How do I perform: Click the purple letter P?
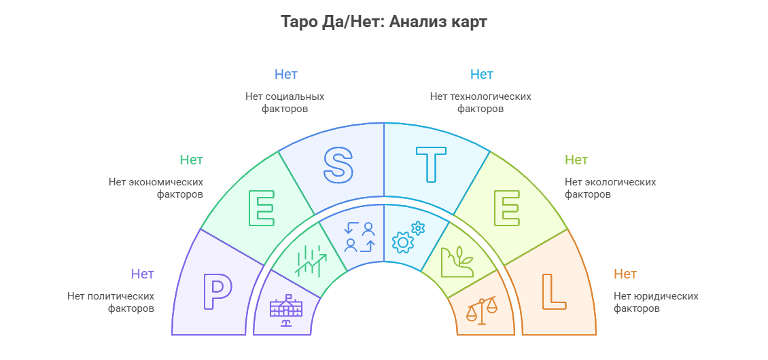point(217,291)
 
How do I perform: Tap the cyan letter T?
point(431,165)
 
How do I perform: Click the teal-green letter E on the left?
point(262,208)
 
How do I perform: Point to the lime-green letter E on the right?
point(506,208)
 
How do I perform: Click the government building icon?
point(286,310)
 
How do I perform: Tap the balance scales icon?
point(481,310)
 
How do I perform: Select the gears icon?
point(408,237)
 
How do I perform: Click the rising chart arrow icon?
point(311,261)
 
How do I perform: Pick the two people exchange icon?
point(360,237)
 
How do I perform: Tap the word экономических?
point(166,182)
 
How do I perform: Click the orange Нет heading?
point(625,274)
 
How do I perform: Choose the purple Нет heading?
point(143,274)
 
